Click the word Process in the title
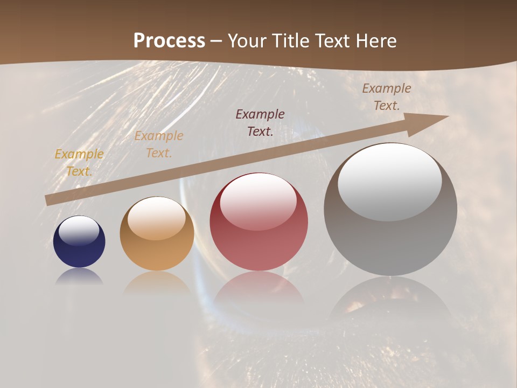(169, 41)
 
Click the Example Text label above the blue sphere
(79, 162)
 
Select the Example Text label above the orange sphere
(159, 144)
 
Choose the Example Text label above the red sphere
(260, 122)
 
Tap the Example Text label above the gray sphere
(386, 97)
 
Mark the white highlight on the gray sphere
(389, 182)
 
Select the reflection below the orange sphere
(157, 283)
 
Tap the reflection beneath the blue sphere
(79, 276)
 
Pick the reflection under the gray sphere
(390, 302)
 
